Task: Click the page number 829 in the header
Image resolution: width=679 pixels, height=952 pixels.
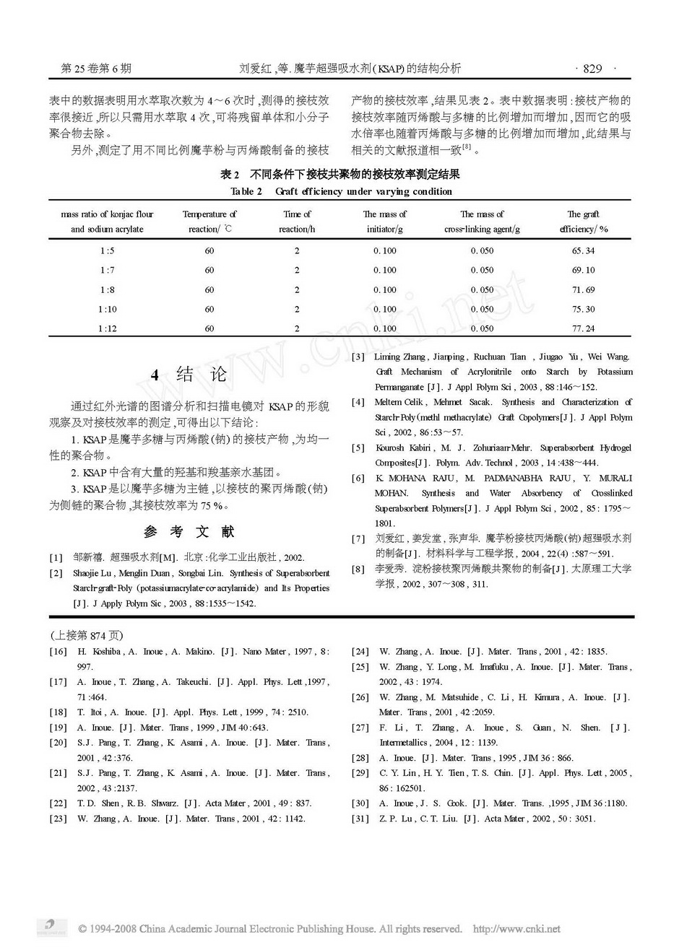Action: pyautogui.click(x=592, y=69)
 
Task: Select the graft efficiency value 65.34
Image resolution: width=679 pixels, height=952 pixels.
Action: pyautogui.click(x=583, y=250)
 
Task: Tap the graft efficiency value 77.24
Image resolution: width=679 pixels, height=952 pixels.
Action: pyautogui.click(x=583, y=328)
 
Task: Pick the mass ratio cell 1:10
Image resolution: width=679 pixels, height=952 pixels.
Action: pyautogui.click(x=107, y=309)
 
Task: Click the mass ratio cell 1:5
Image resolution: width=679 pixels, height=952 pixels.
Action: pyautogui.click(x=107, y=250)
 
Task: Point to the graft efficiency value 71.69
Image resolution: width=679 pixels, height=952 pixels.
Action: pyautogui.click(x=583, y=289)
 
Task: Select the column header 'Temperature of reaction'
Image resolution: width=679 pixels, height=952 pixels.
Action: pyautogui.click(x=209, y=222)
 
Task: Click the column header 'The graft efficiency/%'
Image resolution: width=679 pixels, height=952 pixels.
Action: pyautogui.click(x=583, y=222)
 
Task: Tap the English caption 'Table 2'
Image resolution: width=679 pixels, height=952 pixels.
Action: pyautogui.click(x=246, y=191)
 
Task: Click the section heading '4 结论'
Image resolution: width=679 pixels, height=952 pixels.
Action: pyautogui.click(x=189, y=375)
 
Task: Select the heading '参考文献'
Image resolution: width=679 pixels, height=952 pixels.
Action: pyautogui.click(x=189, y=532)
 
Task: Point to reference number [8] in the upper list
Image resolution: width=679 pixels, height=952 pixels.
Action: pyautogui.click(x=358, y=569)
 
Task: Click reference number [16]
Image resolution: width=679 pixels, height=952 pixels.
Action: pyautogui.click(x=58, y=652)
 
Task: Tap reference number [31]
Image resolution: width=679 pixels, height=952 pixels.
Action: pyautogui.click(x=360, y=818)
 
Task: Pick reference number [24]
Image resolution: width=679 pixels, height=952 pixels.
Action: pyautogui.click(x=360, y=652)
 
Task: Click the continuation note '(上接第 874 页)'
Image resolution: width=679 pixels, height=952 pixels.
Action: pyautogui.click(x=86, y=635)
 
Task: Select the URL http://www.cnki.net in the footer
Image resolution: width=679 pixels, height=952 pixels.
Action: pyautogui.click(x=516, y=929)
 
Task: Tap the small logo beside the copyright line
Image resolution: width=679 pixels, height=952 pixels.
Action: pyautogui.click(x=49, y=927)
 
